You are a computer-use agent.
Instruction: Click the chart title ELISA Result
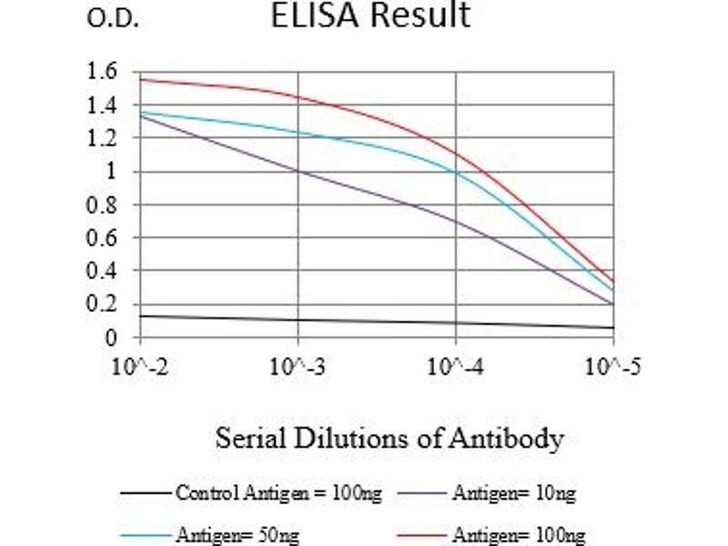370,15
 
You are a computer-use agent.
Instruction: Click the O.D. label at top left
112,20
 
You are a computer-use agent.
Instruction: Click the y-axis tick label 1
111,172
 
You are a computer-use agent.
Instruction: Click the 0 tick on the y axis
111,338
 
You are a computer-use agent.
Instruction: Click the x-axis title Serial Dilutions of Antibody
389,440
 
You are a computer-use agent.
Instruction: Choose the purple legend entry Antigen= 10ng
513,494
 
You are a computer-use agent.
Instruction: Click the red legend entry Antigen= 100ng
518,536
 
